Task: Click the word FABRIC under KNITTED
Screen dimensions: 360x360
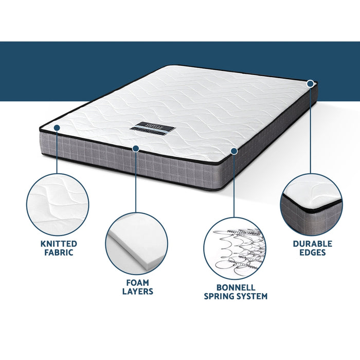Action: point(59,253)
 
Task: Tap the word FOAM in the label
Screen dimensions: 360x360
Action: point(137,282)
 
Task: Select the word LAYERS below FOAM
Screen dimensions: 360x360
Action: point(137,292)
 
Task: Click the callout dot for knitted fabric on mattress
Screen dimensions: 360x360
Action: point(57,128)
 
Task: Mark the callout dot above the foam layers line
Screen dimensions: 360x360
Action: point(136,149)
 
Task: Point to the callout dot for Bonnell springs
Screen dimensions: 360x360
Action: point(234,151)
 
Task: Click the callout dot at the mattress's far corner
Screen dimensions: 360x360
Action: point(311,83)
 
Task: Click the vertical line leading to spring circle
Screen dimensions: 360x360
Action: point(234,185)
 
